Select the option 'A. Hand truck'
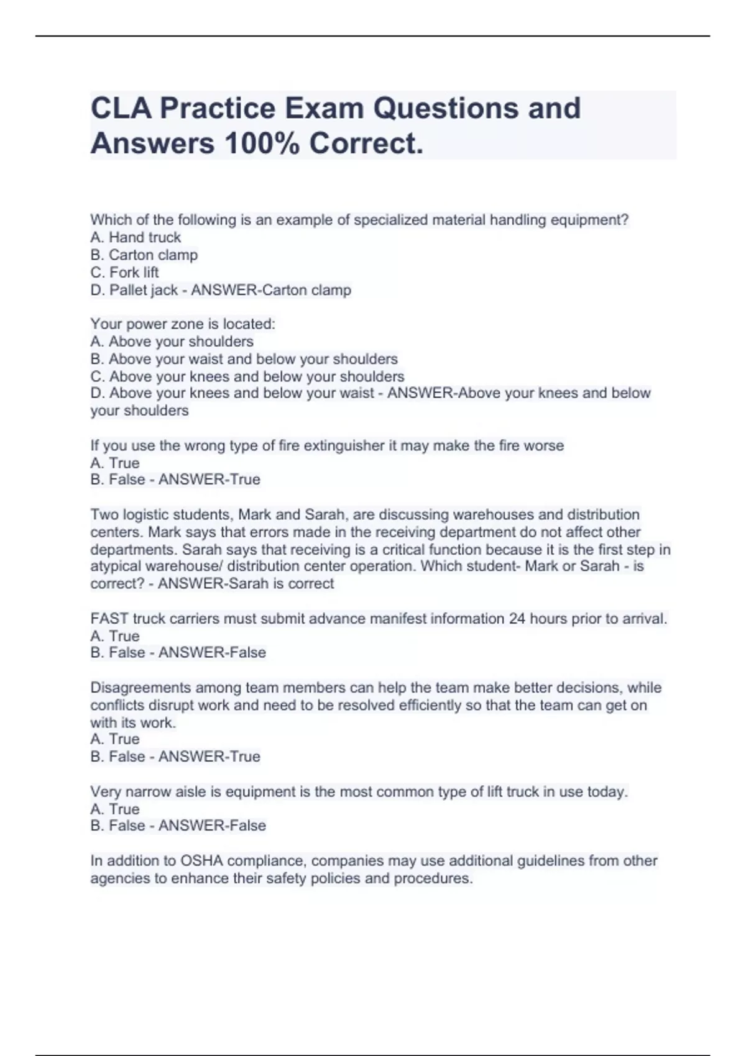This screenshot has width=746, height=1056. [136, 237]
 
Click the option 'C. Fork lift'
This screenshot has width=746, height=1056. [124, 272]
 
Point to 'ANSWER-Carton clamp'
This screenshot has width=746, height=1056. [271, 290]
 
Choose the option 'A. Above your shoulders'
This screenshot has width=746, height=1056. [172, 342]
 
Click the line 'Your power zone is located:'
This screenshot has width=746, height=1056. [183, 324]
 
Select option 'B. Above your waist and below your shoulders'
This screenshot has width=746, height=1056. [244, 359]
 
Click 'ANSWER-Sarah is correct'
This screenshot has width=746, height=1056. [246, 584]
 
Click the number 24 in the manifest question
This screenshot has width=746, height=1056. [517, 619]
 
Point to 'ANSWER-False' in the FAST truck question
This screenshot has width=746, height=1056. [212, 653]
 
